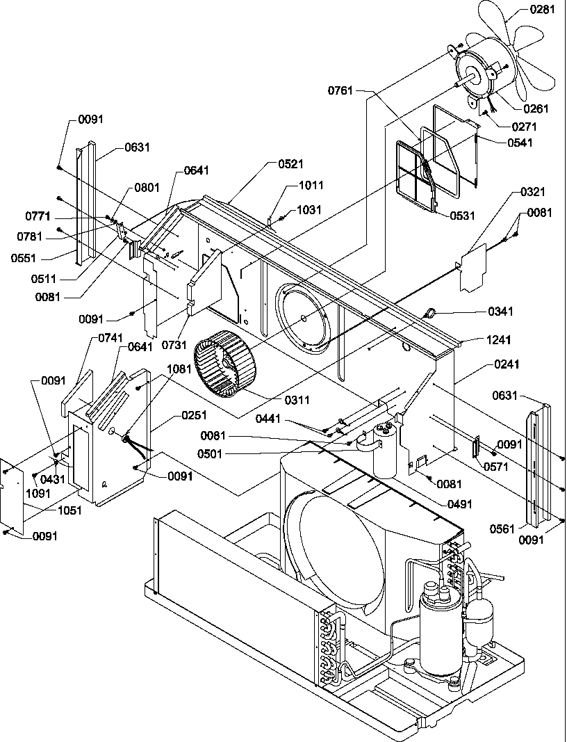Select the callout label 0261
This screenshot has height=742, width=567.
536,108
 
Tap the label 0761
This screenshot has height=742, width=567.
340,90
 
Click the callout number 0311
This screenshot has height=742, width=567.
297,400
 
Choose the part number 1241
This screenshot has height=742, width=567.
479,340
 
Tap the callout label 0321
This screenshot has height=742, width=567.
532,192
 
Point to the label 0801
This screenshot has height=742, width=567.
146,187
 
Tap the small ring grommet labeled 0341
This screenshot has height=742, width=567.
429,314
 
